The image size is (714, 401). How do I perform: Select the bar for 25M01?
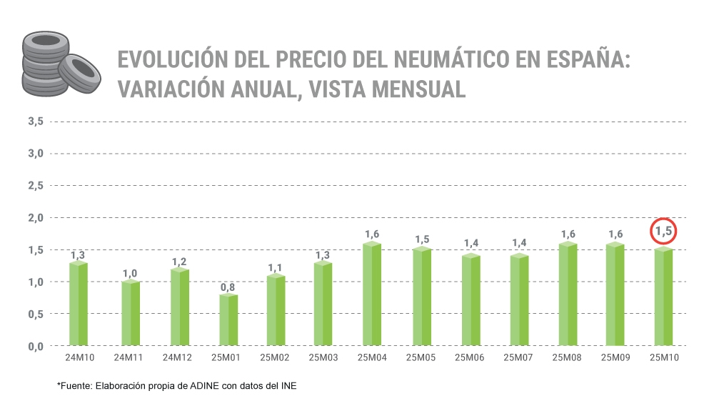click(228, 320)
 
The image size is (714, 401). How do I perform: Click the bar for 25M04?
click(371, 294)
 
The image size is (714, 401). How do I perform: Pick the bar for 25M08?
click(568, 294)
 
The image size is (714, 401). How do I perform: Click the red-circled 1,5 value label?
click(663, 231)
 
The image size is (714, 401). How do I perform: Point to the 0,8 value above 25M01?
click(228, 287)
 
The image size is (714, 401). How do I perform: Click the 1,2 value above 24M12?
click(179, 262)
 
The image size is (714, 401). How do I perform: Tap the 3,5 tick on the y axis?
click(36, 122)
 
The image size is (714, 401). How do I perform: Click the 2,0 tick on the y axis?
click(36, 217)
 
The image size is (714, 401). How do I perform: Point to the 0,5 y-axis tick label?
click(36, 314)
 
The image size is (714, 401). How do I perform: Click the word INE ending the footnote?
click(287, 386)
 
